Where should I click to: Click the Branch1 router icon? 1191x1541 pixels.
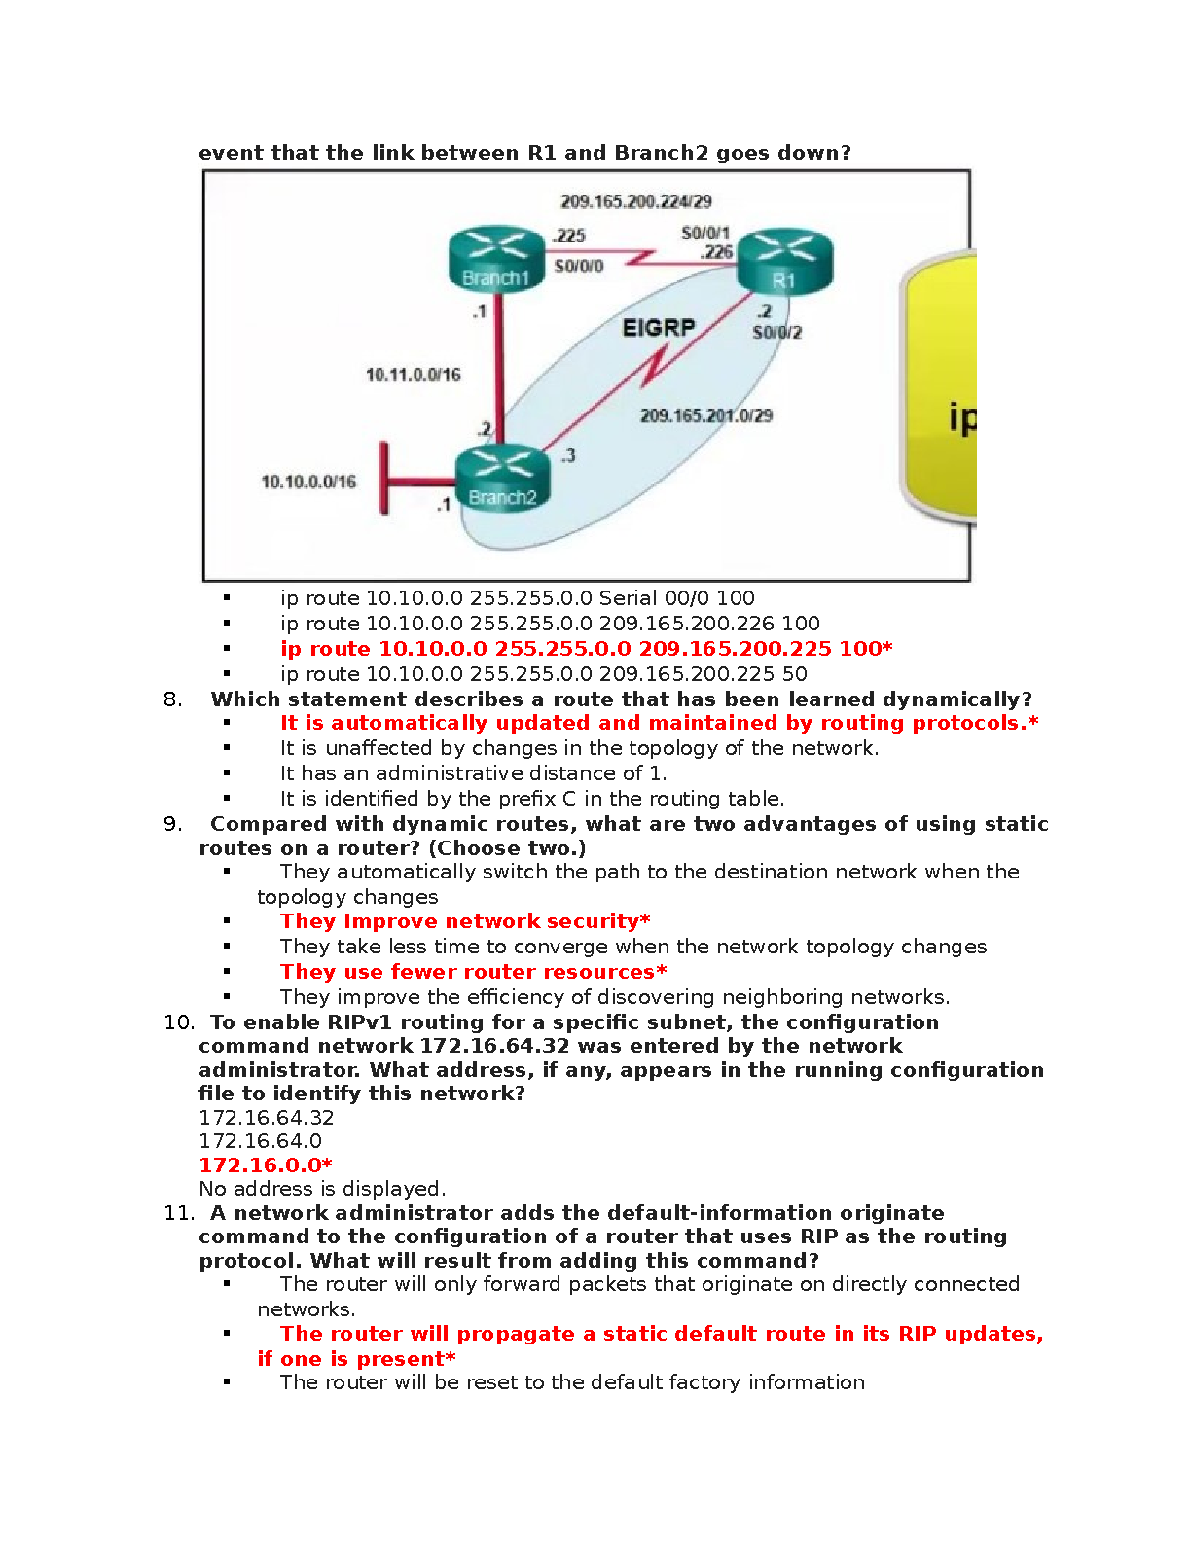(495, 260)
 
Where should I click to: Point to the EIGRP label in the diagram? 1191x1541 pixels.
(659, 328)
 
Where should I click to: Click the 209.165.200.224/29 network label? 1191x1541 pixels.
(636, 201)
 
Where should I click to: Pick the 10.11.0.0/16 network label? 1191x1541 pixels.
(413, 375)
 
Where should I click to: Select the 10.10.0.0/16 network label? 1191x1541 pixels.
(308, 482)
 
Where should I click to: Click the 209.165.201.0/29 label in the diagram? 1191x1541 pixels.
(706, 415)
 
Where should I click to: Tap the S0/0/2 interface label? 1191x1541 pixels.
(776, 333)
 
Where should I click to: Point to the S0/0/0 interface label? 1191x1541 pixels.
(579, 267)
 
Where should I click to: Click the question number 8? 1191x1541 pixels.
(172, 699)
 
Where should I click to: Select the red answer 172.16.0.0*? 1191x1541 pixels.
(266, 1165)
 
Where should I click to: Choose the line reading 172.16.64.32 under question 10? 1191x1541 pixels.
(267, 1118)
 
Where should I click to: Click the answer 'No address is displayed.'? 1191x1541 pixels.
(322, 1188)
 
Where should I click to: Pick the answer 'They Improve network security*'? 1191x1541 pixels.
(465, 921)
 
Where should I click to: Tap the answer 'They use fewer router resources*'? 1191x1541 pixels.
(474, 972)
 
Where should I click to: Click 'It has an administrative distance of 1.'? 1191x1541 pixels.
(473, 773)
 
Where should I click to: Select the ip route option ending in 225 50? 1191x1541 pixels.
(543, 673)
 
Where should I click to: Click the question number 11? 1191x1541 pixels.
(179, 1213)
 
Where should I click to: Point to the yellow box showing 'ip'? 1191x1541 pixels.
(941, 389)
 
